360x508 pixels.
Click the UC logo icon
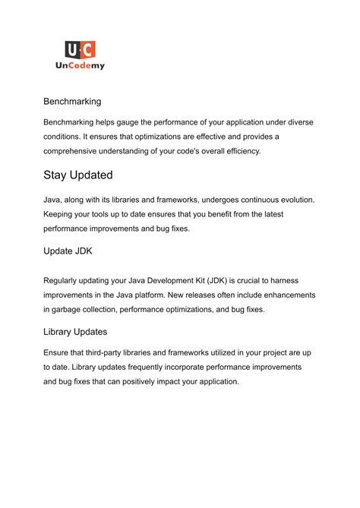point(80,50)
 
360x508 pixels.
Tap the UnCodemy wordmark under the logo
point(80,66)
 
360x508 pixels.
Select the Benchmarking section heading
point(72,101)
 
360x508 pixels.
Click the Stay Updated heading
point(78,175)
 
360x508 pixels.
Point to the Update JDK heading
point(68,251)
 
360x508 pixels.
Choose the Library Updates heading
point(75,332)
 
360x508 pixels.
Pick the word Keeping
point(61,215)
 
